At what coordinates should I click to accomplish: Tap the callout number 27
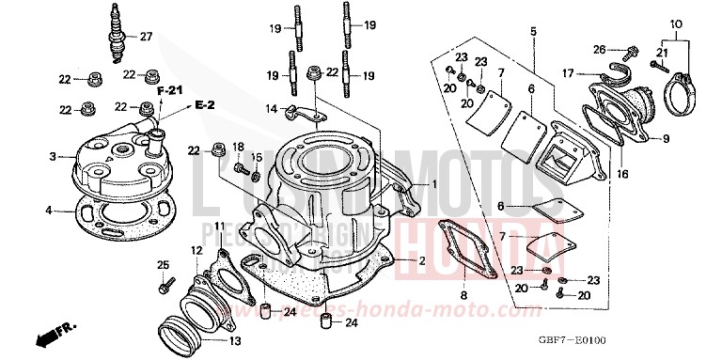tap(146, 38)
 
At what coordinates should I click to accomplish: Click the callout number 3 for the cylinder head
tap(55, 156)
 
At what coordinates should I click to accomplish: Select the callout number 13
tap(235, 341)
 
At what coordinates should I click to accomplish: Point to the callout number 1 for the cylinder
tap(434, 184)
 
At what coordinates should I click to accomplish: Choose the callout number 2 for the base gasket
tap(422, 259)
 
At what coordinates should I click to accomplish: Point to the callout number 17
tap(569, 72)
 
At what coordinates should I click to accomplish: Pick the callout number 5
tap(533, 31)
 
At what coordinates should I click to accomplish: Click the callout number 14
tap(271, 107)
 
